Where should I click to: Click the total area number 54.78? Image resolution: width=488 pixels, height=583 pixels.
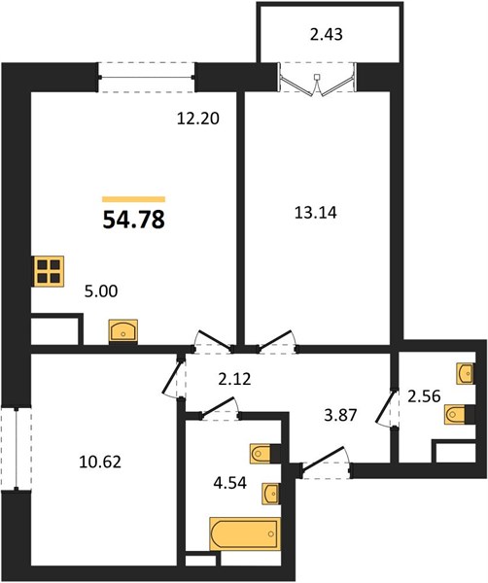click(x=133, y=220)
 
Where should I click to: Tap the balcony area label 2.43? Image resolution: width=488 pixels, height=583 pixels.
click(x=327, y=35)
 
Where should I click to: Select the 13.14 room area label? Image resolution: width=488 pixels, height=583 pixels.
click(x=315, y=213)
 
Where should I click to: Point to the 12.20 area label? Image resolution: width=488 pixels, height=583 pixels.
click(x=198, y=119)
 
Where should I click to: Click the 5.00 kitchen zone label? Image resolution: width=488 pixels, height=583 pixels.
click(x=101, y=291)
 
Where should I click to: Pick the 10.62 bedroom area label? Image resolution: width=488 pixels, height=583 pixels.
click(x=100, y=463)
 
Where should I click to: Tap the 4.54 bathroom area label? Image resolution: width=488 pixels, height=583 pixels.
click(x=229, y=483)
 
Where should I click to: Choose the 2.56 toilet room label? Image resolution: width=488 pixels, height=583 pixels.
click(x=424, y=396)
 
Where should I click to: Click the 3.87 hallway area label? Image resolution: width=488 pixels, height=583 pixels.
click(x=340, y=415)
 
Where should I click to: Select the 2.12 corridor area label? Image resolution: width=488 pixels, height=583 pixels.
click(x=234, y=380)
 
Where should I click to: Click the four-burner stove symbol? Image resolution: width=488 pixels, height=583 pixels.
click(x=49, y=271)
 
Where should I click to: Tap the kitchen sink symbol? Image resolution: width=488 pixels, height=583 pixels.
click(x=123, y=330)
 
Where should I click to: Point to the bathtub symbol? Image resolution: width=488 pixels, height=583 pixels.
click(x=245, y=533)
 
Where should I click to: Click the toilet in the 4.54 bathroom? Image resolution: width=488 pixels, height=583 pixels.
click(x=261, y=453)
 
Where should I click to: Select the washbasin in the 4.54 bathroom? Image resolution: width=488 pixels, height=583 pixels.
click(x=271, y=493)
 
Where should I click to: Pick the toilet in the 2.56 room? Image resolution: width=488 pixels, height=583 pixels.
click(x=456, y=414)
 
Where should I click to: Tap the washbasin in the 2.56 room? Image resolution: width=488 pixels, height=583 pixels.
click(x=466, y=373)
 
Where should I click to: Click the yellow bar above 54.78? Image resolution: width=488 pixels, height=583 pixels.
click(x=133, y=199)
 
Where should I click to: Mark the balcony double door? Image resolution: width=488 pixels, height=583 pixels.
click(x=317, y=83)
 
